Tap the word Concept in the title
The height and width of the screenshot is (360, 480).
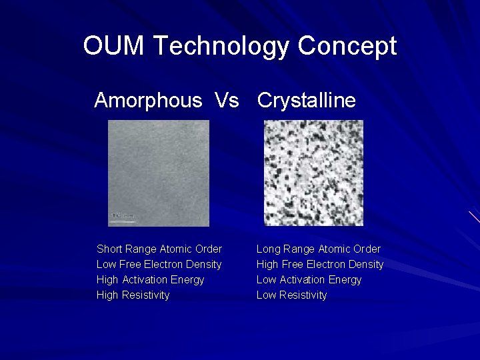coord(347,46)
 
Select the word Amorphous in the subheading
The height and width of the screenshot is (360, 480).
coord(148,101)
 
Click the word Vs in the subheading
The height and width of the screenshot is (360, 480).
coord(227,101)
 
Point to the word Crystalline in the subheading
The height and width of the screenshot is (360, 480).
coord(307,101)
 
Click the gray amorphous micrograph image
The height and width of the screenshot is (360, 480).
coord(159,173)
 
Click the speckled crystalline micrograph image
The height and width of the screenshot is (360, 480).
coord(313,173)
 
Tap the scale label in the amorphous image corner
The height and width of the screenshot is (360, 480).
coord(123,216)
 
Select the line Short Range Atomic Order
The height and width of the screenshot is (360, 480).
coord(159,249)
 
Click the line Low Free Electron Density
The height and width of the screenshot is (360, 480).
coord(159,264)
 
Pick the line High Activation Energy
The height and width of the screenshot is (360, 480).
coord(151,279)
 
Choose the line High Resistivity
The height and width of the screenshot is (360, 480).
coord(133,295)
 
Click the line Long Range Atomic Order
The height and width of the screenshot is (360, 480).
coord(319,249)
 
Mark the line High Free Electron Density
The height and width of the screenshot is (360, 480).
coord(320,264)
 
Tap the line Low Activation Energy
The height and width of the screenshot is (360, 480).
coord(309,279)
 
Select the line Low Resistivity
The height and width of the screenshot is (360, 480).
coord(292,295)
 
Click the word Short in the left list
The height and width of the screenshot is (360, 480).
coord(109,249)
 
